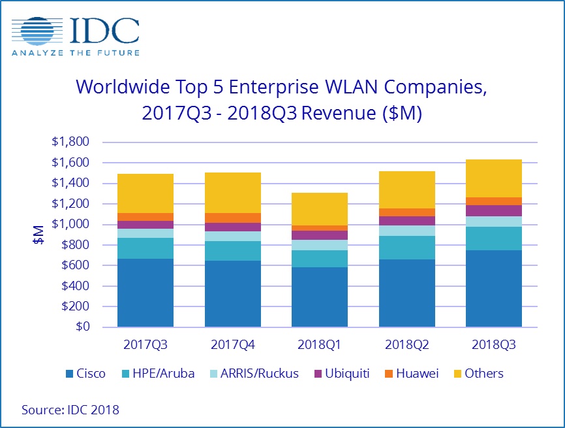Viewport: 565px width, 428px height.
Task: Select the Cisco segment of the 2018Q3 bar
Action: [493, 288]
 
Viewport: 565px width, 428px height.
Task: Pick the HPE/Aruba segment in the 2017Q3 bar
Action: [145, 248]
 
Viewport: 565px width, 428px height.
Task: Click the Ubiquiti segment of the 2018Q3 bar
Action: [493, 210]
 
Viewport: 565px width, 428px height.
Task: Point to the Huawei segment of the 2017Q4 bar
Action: [232, 218]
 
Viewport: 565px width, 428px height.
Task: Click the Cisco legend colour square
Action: [70, 374]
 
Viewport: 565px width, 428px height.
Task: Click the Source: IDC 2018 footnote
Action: [70, 410]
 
